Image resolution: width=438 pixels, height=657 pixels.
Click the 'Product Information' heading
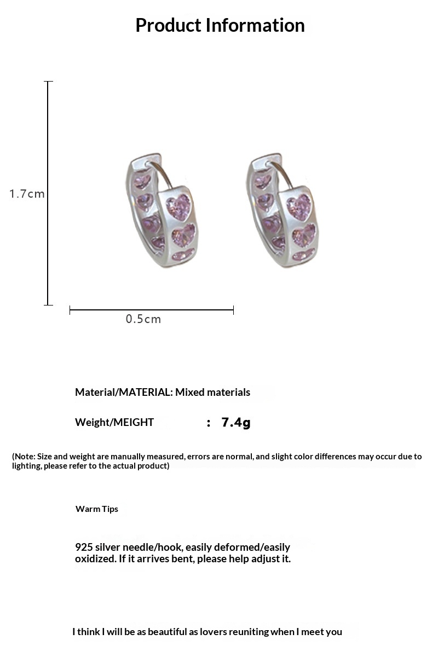pyautogui.click(x=220, y=25)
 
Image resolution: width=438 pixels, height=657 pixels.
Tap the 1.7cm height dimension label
pyautogui.click(x=27, y=194)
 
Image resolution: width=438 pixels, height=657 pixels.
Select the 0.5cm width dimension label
pyautogui.click(x=143, y=319)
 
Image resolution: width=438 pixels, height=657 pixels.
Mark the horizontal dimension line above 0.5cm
pyautogui.click(x=152, y=310)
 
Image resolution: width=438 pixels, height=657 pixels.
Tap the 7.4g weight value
pyautogui.click(x=235, y=422)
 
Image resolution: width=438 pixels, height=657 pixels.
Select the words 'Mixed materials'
pyautogui.click(x=212, y=392)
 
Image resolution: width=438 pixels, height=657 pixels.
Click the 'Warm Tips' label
pyautogui.click(x=97, y=509)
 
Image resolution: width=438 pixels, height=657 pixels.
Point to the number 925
pyautogui.click(x=83, y=547)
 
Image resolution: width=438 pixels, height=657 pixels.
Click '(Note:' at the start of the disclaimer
pyautogui.click(x=23, y=457)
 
